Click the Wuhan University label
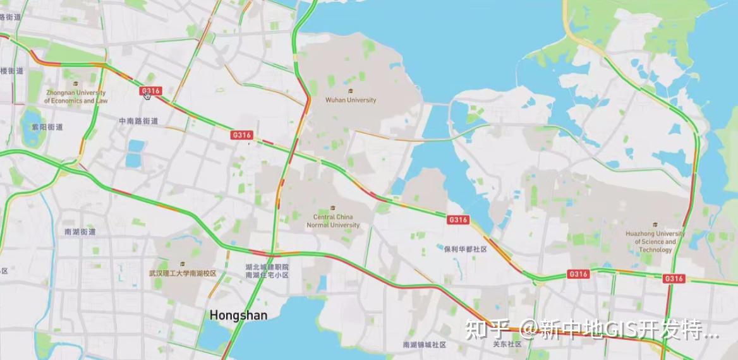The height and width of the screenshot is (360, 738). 350,100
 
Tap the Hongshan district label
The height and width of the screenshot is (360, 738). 238,315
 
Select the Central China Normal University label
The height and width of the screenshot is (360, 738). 333,220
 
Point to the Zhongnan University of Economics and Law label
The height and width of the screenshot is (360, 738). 76,97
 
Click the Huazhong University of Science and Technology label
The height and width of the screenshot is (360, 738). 655,241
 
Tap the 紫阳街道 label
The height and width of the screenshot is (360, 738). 47,127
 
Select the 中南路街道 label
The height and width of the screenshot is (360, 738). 138,121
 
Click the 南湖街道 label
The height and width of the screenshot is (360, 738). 80,232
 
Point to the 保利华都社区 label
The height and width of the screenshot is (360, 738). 465,249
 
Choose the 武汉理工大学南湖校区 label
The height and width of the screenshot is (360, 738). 182,273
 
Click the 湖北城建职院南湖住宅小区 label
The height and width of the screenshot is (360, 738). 267,271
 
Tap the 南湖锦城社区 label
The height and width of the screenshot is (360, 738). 425,345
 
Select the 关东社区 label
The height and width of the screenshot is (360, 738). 507,344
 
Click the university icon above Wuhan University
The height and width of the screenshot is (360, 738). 350,90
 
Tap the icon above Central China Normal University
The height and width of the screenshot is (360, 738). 333,208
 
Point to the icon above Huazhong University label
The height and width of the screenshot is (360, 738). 655,224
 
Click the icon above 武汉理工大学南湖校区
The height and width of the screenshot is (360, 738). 182,263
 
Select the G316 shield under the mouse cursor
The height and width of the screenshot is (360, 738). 150,91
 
